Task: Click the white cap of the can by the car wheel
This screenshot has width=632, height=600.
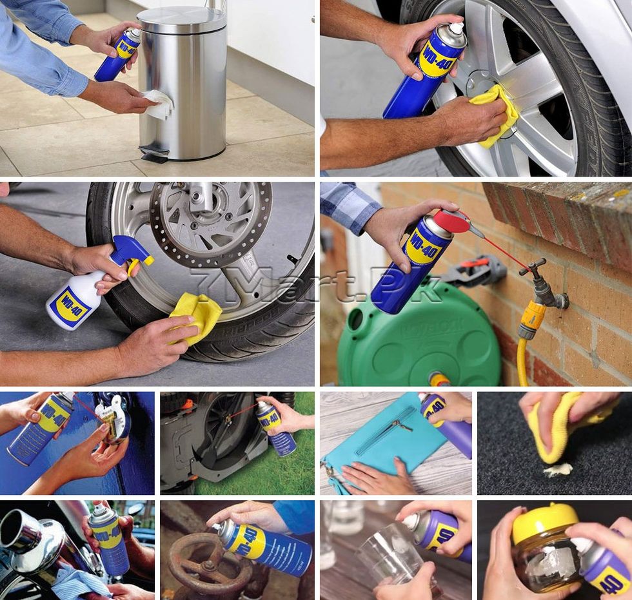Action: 456,28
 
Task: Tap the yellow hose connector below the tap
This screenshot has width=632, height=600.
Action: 533,320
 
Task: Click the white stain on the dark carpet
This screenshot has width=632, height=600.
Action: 557,470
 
